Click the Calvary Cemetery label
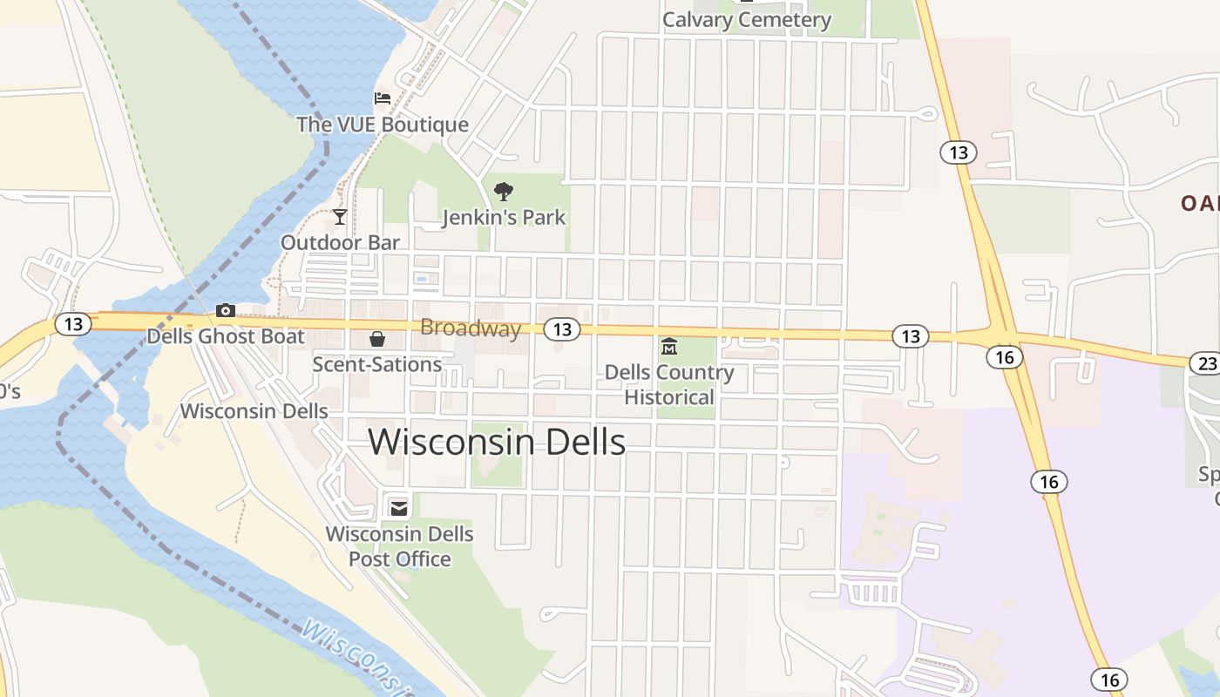(747, 20)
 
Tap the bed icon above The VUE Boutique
(383, 98)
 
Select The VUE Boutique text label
(383, 125)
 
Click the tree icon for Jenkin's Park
(504, 192)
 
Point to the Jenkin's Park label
(504, 217)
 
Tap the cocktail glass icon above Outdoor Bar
(340, 216)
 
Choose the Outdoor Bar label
(340, 242)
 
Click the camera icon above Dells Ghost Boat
(226, 310)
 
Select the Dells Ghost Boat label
(226, 336)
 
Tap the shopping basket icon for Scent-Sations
(377, 338)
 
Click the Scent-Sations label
(377, 364)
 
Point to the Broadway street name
(471, 328)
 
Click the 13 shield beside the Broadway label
(562, 328)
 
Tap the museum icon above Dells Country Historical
(669, 347)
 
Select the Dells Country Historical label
(669, 385)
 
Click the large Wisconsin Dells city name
(497, 443)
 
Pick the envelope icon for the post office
(399, 508)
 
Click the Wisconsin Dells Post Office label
(400, 546)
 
